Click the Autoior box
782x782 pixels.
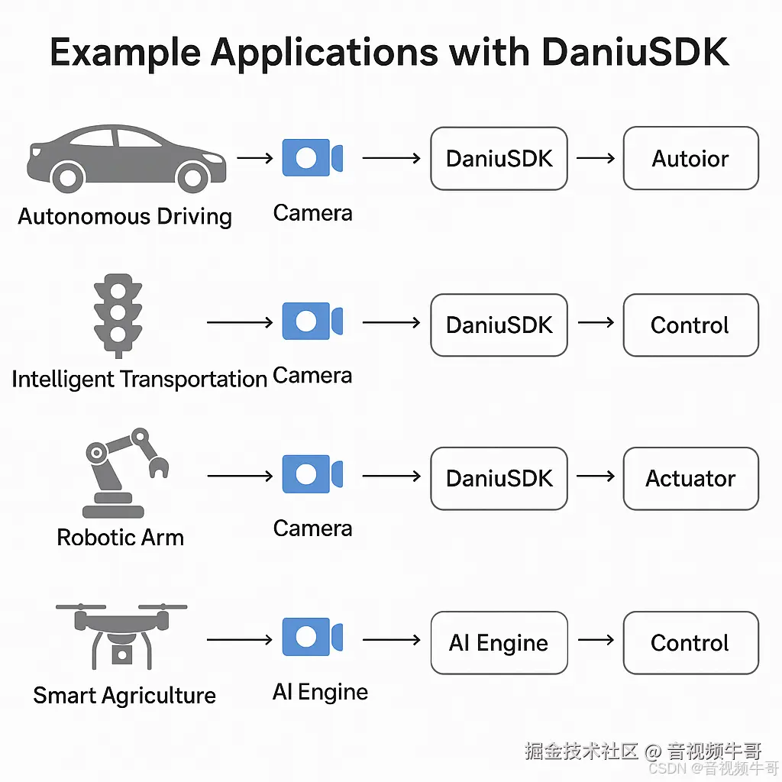690,159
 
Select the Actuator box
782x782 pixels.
690,479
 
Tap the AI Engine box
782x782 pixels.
499,643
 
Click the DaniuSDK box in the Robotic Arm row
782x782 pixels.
499,479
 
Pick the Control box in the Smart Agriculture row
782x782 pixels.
690,643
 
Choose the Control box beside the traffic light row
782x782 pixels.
690,325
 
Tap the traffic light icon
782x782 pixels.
118,317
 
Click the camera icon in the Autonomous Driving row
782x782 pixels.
312,158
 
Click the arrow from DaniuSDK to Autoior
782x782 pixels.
596,159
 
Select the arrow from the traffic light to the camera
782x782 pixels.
240,323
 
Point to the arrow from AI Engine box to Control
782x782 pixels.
596,640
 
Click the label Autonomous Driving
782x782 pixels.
124,216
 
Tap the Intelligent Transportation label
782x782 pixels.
139,379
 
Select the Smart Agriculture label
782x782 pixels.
124,696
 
